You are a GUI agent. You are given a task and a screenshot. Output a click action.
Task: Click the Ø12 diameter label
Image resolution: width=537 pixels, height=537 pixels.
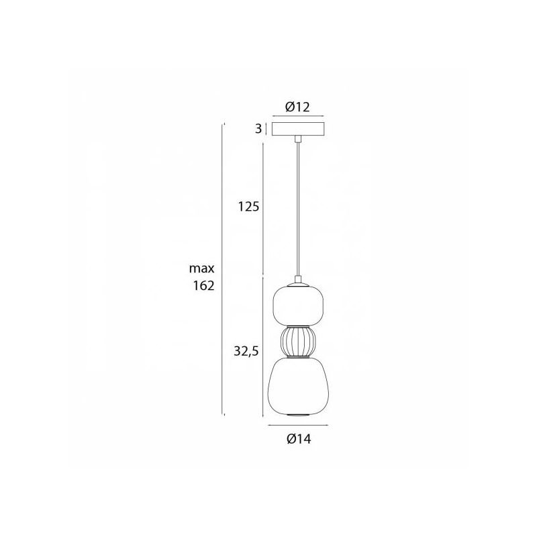(297, 107)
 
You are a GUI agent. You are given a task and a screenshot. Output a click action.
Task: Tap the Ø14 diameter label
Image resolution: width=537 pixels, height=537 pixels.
(299, 439)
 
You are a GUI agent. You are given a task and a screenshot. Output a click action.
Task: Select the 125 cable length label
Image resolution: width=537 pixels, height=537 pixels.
(248, 207)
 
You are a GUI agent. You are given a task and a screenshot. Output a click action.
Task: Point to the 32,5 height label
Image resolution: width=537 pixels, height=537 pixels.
(246, 351)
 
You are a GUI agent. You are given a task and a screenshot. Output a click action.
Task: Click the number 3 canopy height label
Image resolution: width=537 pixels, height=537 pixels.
(258, 129)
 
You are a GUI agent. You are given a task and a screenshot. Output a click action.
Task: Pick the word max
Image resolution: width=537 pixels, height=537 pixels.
(202, 268)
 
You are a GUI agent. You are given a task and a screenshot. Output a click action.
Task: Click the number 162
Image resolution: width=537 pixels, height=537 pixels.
(204, 285)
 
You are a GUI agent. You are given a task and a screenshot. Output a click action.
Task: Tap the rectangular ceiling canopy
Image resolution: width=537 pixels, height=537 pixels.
(298, 129)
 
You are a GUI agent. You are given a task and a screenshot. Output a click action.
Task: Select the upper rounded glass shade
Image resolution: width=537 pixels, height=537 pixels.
(298, 305)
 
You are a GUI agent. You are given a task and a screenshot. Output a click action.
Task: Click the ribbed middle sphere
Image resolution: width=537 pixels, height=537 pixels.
(298, 342)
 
